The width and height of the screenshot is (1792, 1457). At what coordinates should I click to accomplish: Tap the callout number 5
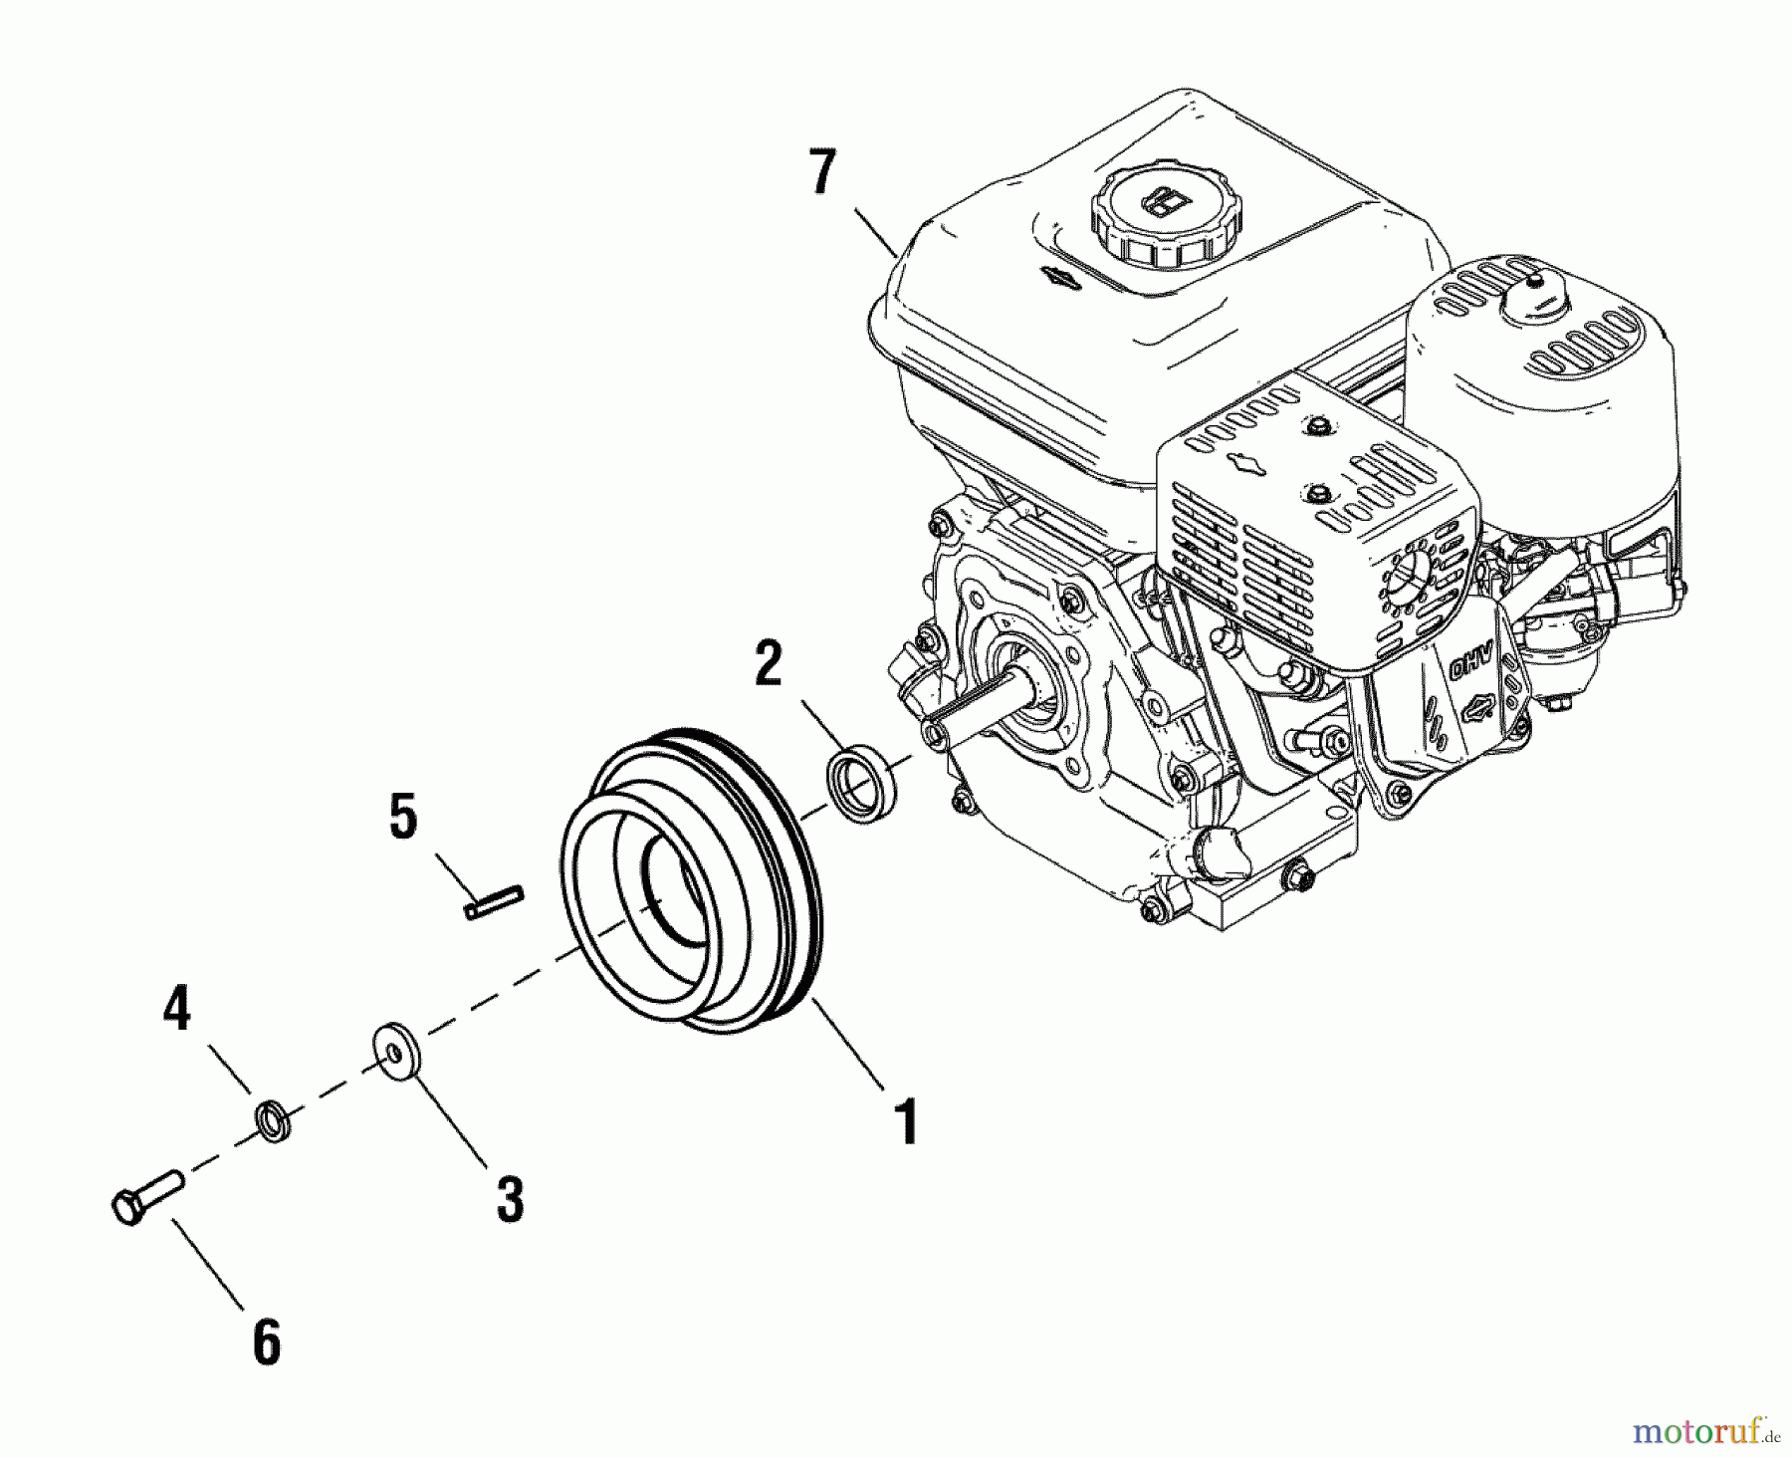point(402,818)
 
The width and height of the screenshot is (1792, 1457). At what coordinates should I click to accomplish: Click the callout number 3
point(510,1198)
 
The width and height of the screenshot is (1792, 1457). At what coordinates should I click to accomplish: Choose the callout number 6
point(266,1343)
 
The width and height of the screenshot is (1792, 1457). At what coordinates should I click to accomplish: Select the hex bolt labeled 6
point(145,1196)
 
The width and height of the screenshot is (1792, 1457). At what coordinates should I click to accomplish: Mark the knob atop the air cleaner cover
point(1538,288)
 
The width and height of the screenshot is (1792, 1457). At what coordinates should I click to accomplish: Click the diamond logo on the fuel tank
point(1059,279)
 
